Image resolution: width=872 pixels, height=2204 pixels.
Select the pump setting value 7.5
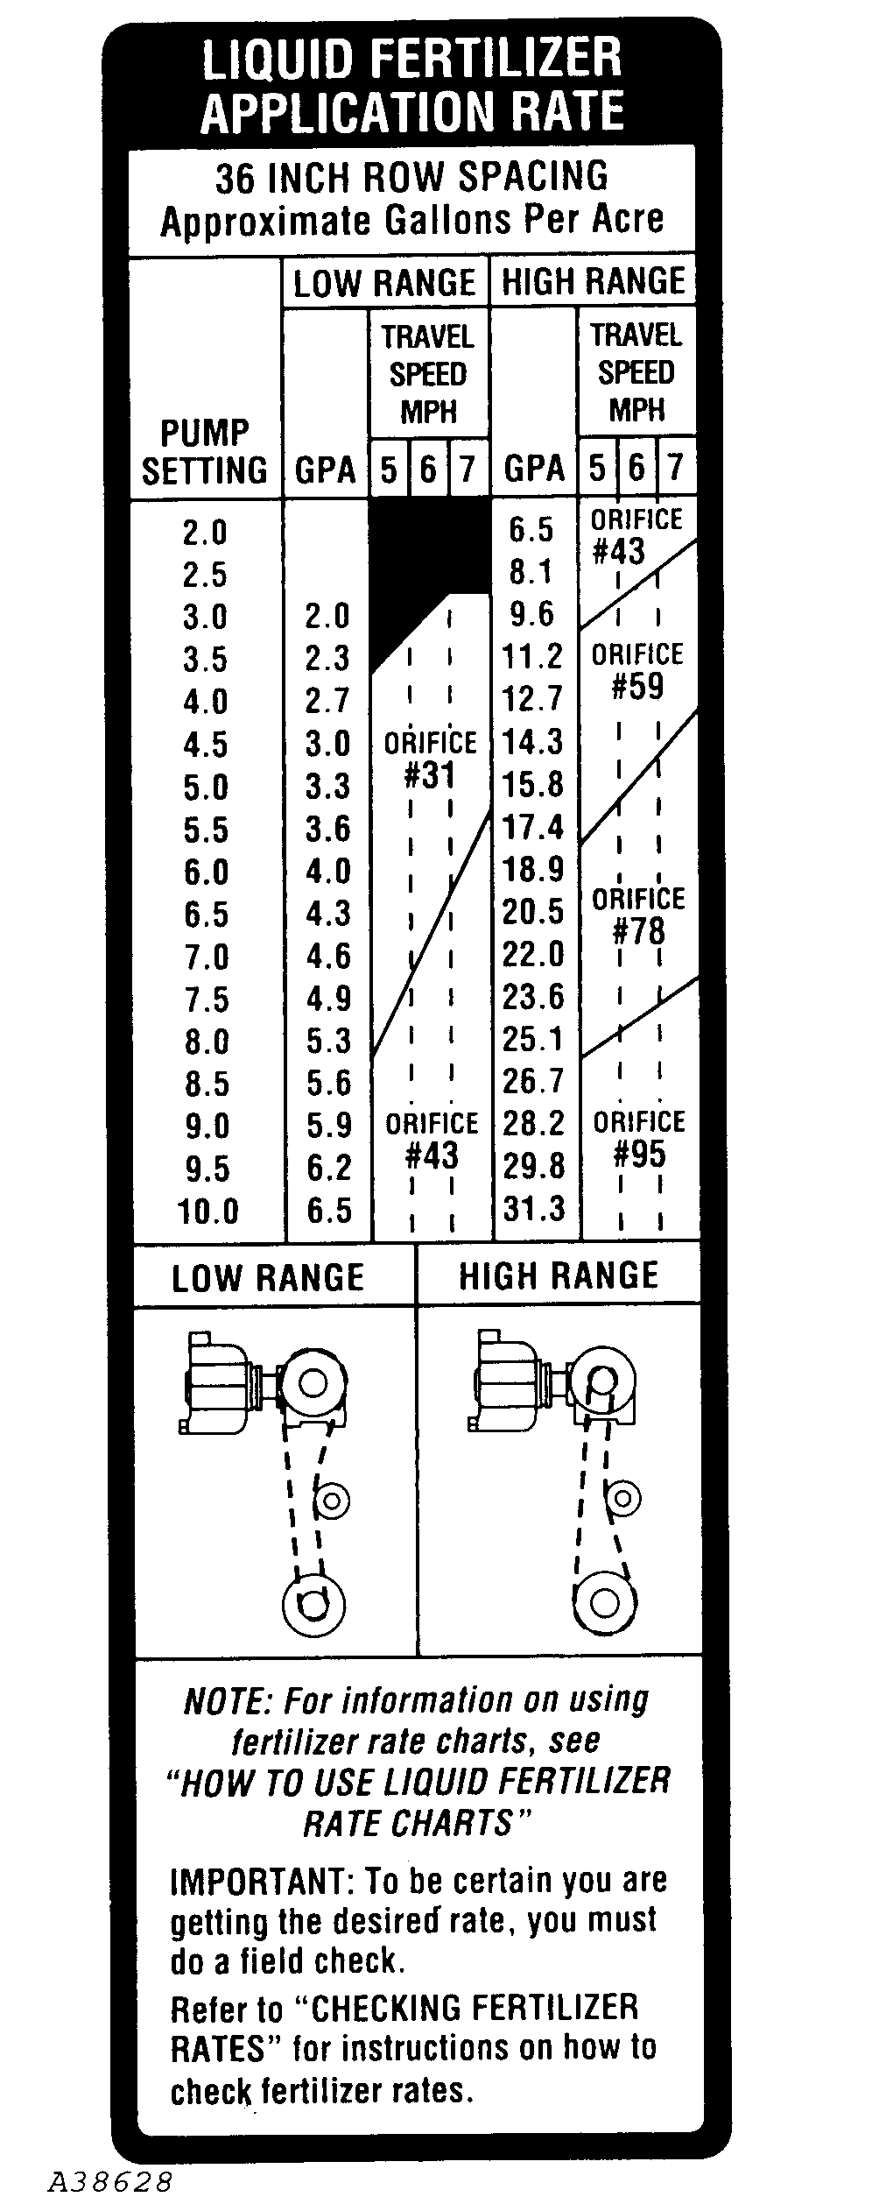(206, 999)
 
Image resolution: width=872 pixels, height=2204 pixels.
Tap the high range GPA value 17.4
(533, 826)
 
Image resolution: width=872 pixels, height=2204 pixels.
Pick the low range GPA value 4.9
(328, 999)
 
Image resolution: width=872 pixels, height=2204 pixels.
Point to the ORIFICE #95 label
(639, 1139)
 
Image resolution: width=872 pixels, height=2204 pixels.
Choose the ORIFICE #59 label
(637, 671)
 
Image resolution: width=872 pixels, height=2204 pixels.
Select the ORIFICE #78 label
(638, 915)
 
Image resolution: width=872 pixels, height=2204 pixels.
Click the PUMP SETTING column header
(205, 452)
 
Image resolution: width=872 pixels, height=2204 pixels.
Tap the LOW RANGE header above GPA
(384, 284)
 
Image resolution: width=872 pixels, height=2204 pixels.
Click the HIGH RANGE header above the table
(593, 282)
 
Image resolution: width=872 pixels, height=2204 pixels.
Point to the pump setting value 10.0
(208, 1211)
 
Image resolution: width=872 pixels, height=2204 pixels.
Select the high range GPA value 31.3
(534, 1209)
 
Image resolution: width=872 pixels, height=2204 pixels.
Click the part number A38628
(110, 2179)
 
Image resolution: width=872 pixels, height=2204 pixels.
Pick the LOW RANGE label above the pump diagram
(268, 1278)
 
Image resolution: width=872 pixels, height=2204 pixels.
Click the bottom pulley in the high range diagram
(602, 1601)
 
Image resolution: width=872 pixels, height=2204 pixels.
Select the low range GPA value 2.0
(327, 616)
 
